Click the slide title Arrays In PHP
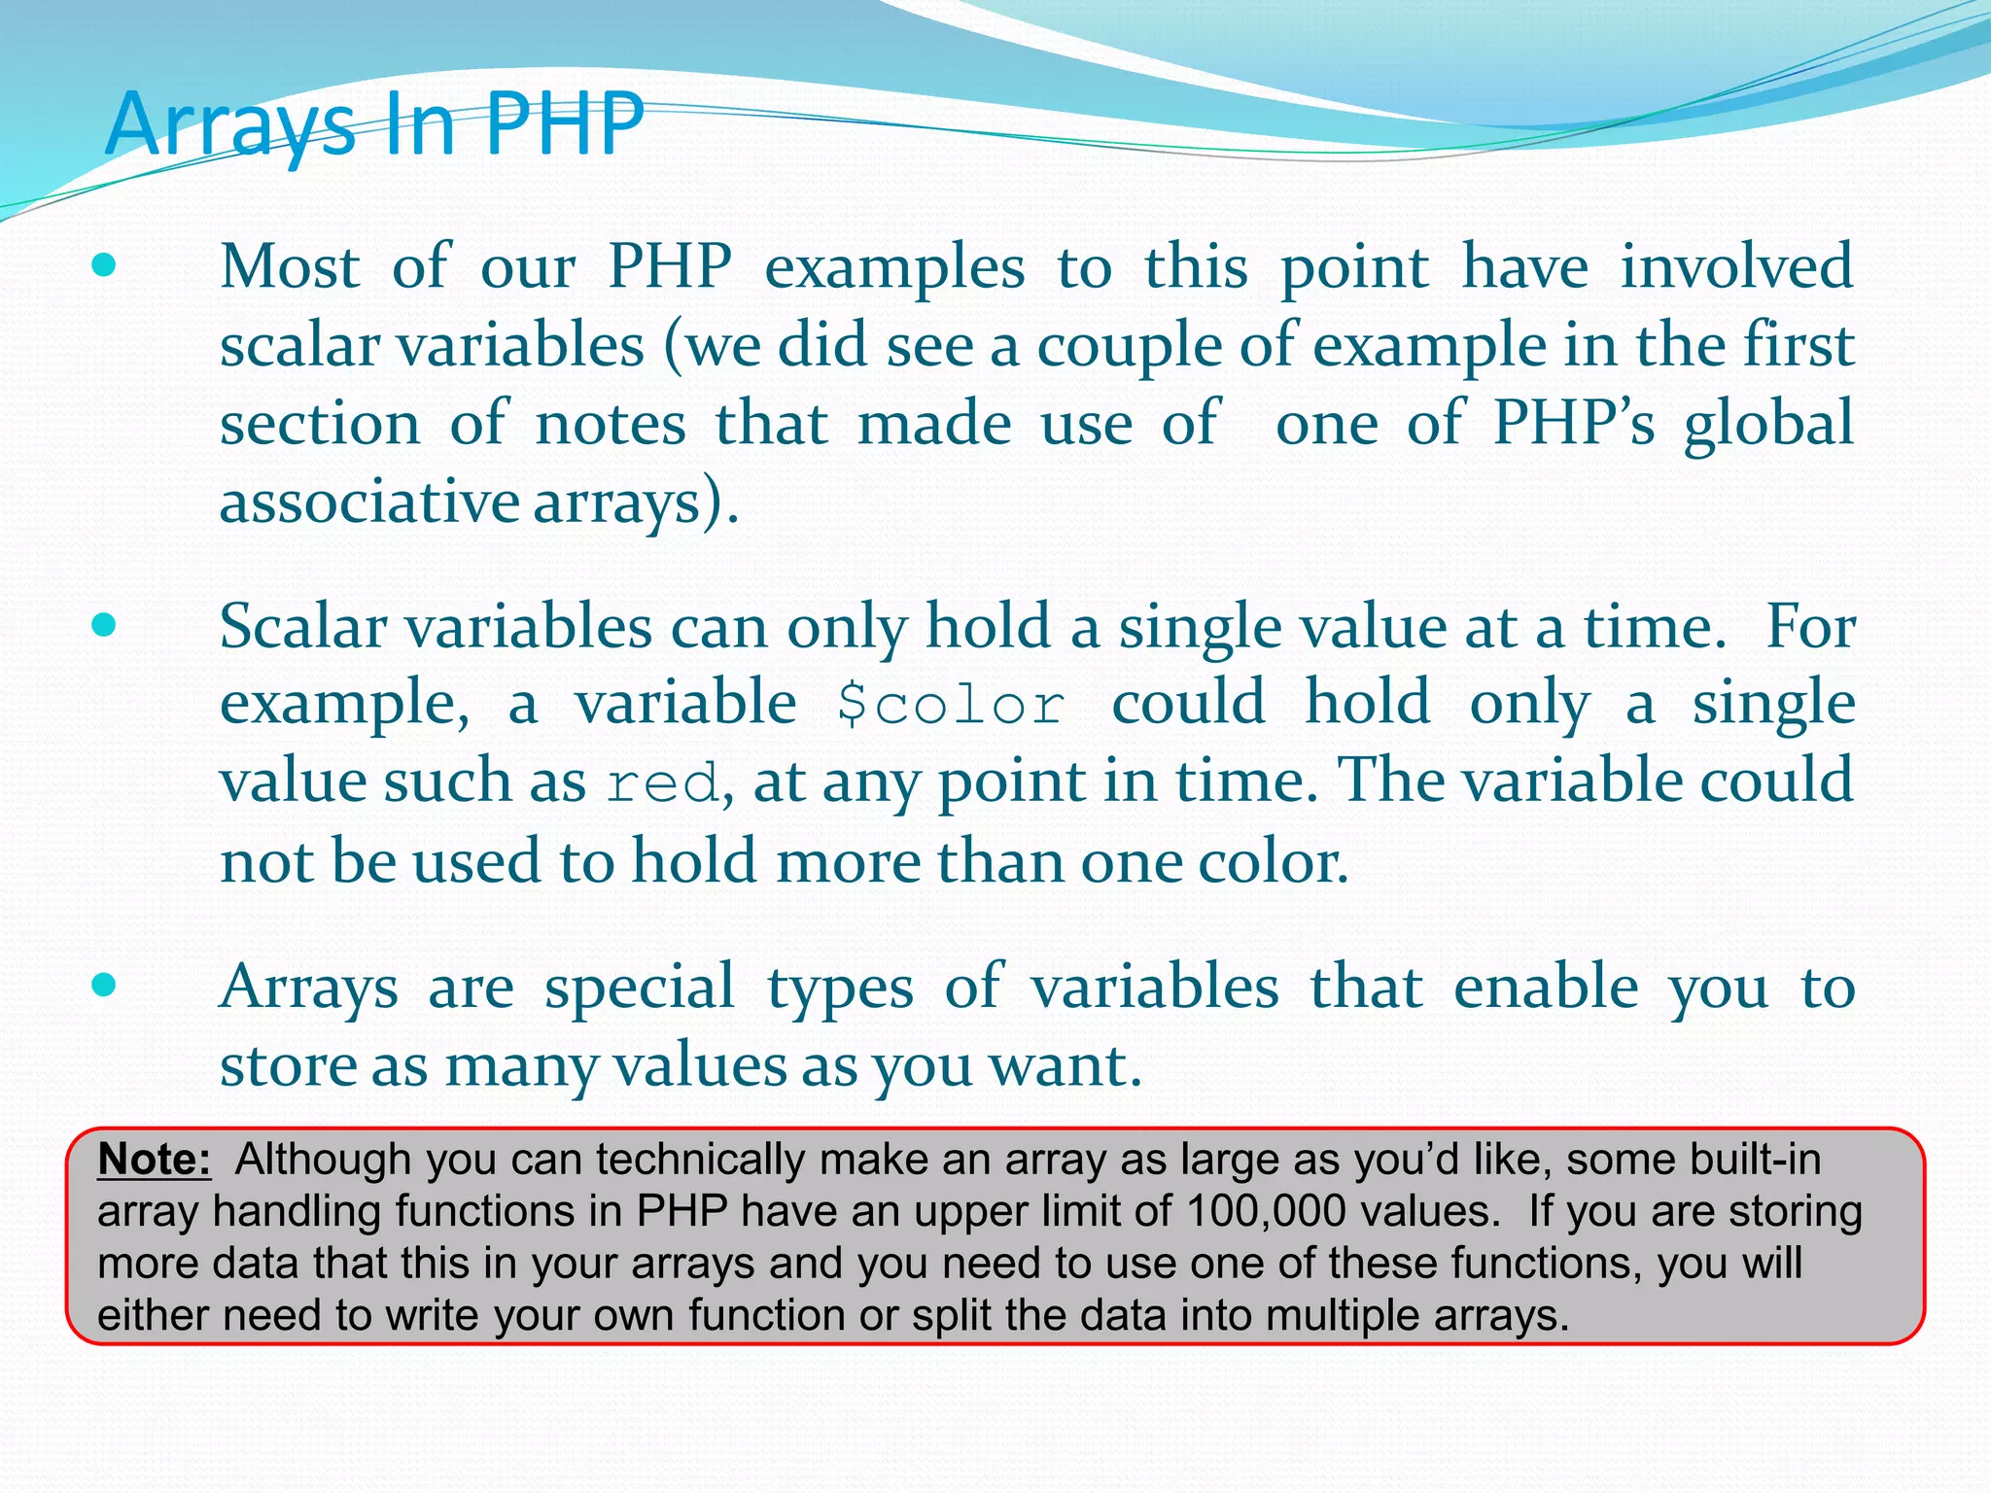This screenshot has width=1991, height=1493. (374, 124)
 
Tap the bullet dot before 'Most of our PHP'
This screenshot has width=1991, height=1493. (104, 265)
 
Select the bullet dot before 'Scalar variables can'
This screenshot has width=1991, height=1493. (104, 624)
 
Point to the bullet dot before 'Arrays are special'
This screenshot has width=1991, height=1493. (104, 986)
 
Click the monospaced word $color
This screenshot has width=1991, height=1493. (952, 705)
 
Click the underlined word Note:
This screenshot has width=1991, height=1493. (155, 1160)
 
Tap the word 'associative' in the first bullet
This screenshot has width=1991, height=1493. (370, 502)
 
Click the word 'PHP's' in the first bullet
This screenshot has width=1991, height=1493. (1574, 424)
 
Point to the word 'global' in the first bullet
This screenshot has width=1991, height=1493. (1769, 424)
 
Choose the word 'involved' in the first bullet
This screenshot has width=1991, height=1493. (1736, 266)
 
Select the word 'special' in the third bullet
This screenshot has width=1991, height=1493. (639, 988)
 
